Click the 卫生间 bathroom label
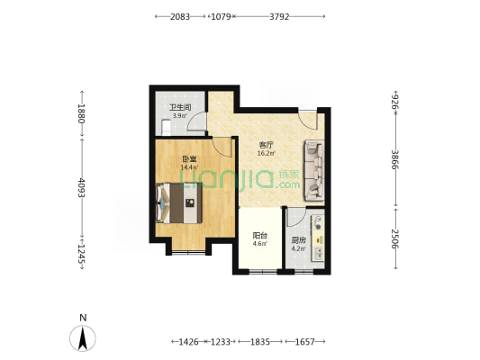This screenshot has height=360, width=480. (180, 107)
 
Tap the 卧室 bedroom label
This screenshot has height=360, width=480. (189, 159)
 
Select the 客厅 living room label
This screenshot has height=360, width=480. (266, 145)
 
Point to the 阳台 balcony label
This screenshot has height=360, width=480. (260, 236)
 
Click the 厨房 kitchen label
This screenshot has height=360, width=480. (298, 240)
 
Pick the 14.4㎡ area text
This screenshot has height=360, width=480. (189, 167)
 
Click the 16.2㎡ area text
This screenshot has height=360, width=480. (266, 153)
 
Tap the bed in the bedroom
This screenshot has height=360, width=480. (179, 203)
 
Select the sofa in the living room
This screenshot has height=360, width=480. (313, 170)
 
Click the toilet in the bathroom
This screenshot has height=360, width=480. (166, 128)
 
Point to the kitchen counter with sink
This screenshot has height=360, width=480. (318, 238)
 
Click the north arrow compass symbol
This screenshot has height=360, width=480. (83, 338)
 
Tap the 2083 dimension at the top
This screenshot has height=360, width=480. (180, 16)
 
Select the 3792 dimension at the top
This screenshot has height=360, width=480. (279, 16)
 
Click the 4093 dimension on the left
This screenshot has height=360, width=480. (81, 187)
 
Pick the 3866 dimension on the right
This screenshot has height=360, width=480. (395, 159)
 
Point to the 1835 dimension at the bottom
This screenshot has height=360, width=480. (260, 342)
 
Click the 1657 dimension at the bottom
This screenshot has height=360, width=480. (305, 342)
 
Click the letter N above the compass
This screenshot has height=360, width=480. (83, 318)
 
